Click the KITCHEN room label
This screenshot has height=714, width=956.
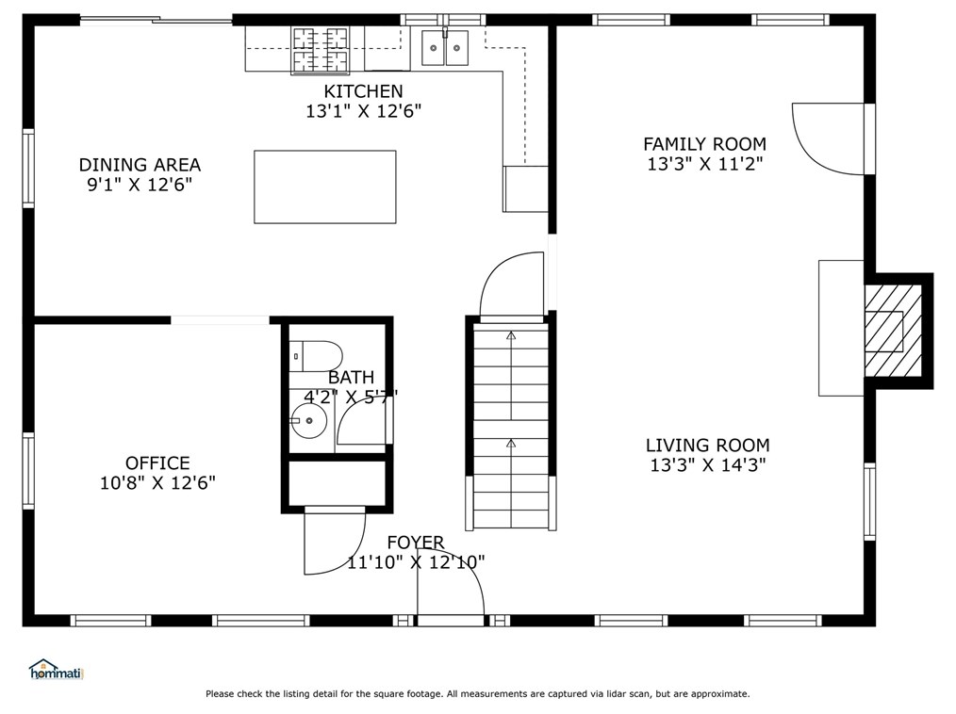363,91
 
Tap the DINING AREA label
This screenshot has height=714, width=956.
140,165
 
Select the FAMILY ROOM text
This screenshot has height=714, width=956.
705,144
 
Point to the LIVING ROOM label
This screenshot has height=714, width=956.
708,446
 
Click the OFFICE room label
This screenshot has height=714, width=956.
157,463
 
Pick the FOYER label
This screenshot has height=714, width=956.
416,543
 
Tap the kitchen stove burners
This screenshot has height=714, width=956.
321,51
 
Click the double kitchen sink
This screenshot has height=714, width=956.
445,47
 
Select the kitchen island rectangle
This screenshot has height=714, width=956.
325,187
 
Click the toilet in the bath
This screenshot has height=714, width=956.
316,356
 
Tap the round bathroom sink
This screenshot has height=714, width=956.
309,420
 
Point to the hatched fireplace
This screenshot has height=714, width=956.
893,331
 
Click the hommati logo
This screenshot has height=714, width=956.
56,670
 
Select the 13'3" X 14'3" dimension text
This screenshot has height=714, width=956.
708,465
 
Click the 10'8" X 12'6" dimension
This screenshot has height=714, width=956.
157,483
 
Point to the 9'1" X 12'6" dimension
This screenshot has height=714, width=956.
140,185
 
